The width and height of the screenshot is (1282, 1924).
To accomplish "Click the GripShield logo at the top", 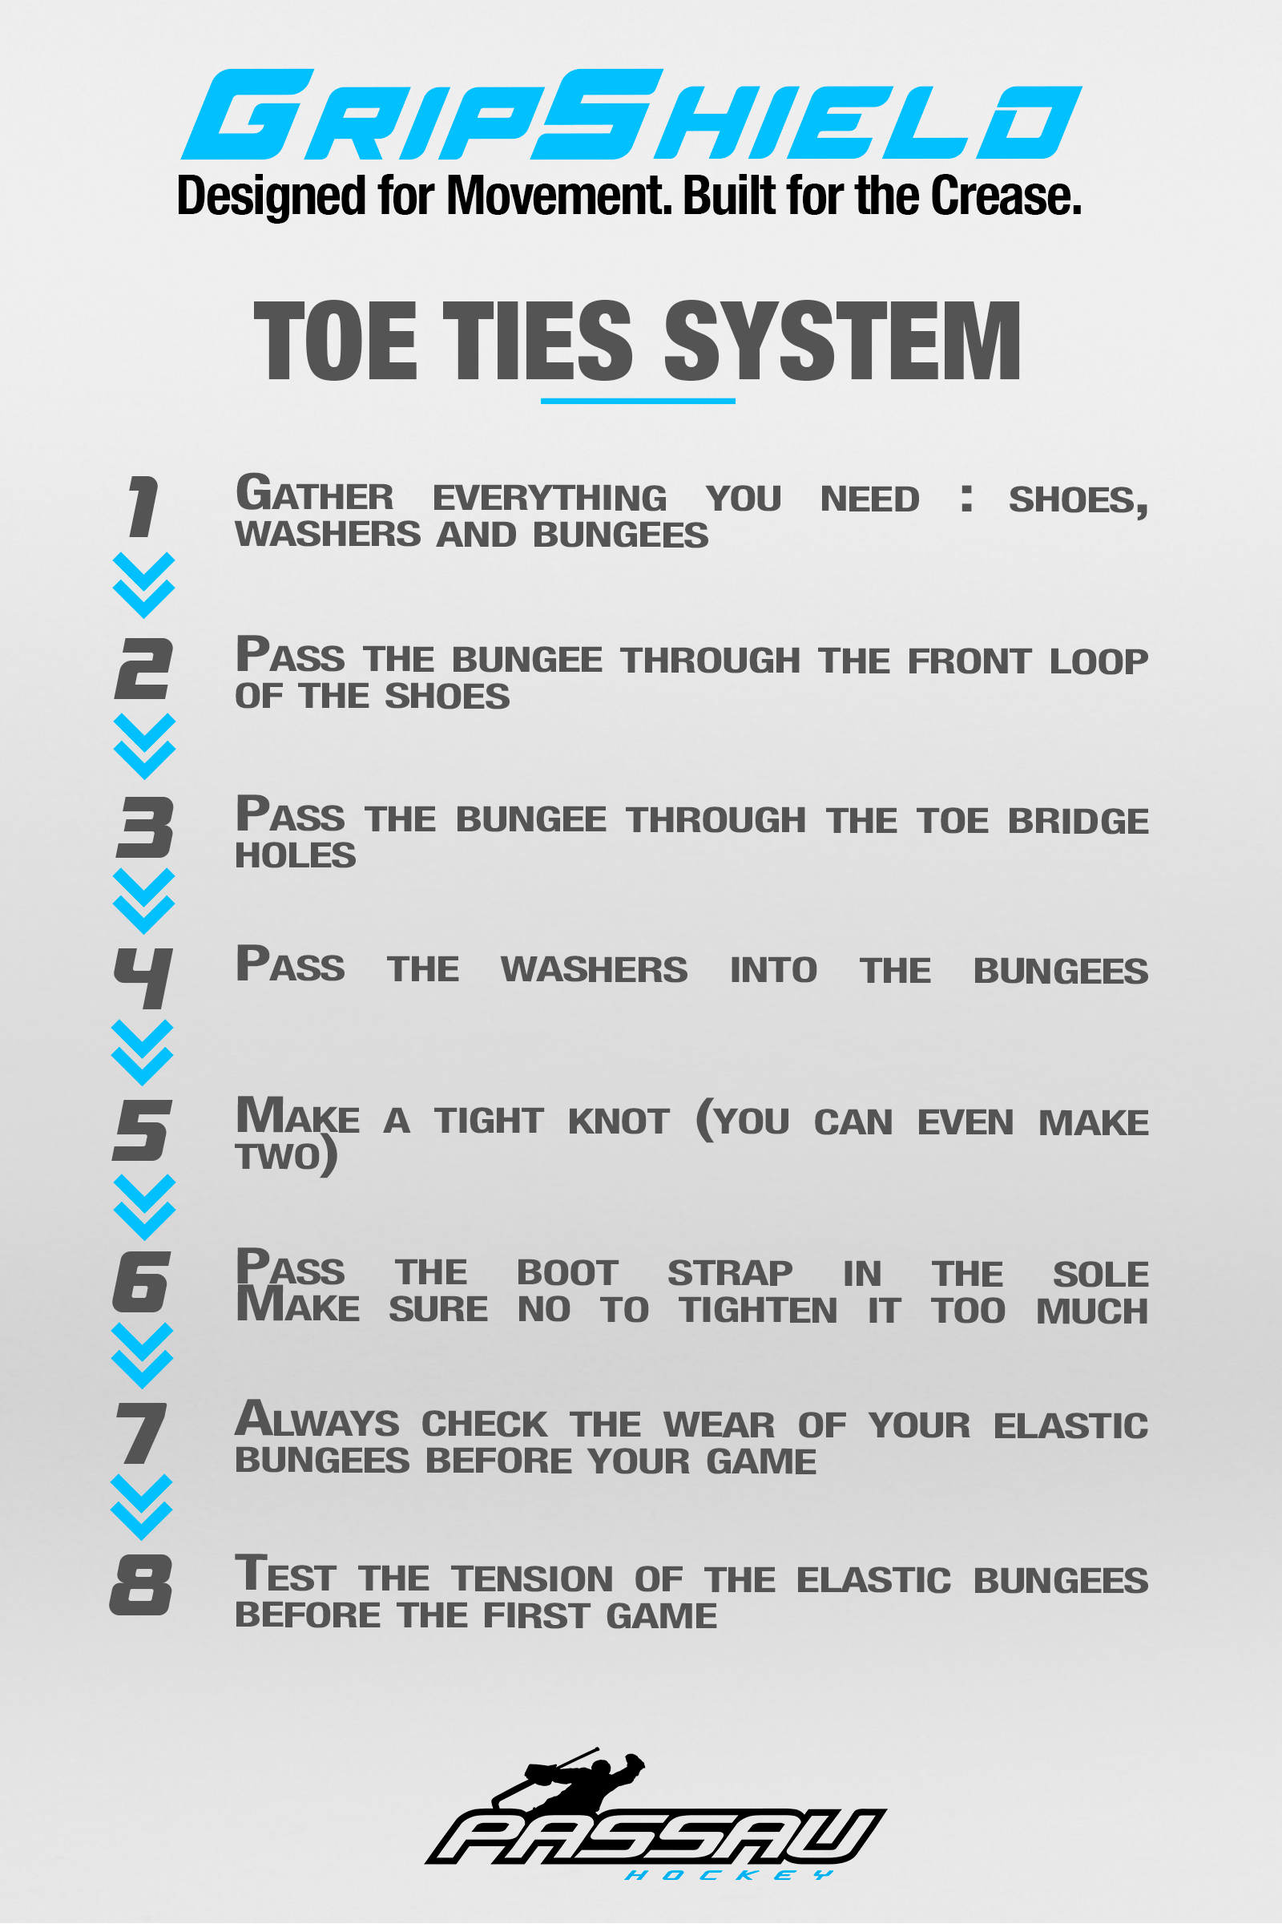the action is pyautogui.click(x=631, y=115).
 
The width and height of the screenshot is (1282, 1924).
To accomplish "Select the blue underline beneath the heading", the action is pyautogui.click(x=638, y=401).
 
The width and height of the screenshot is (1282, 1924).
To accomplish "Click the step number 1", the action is pyautogui.click(x=143, y=507).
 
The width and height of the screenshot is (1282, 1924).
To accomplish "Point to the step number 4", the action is pyautogui.click(x=143, y=978).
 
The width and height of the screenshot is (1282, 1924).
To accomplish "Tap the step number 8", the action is pyautogui.click(x=141, y=1585).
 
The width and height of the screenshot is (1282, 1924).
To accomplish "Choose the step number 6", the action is pyautogui.click(x=141, y=1282).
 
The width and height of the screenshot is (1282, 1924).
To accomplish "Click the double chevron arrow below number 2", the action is pyautogui.click(x=145, y=746).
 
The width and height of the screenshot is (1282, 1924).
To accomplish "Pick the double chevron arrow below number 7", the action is pyautogui.click(x=142, y=1507).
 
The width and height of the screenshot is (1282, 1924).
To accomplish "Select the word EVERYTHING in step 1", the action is pyautogui.click(x=550, y=498).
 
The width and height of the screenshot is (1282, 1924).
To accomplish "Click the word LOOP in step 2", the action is pyautogui.click(x=1099, y=661).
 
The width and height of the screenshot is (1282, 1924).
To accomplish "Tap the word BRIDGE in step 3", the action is pyautogui.click(x=1078, y=820).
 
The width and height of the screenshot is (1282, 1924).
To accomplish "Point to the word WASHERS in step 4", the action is pyautogui.click(x=595, y=969).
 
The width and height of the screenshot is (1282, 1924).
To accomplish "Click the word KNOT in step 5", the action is pyautogui.click(x=619, y=1121).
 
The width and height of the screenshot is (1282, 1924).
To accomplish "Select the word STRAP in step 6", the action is pyautogui.click(x=730, y=1273).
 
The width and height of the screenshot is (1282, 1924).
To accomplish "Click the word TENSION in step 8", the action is pyautogui.click(x=532, y=1578).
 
